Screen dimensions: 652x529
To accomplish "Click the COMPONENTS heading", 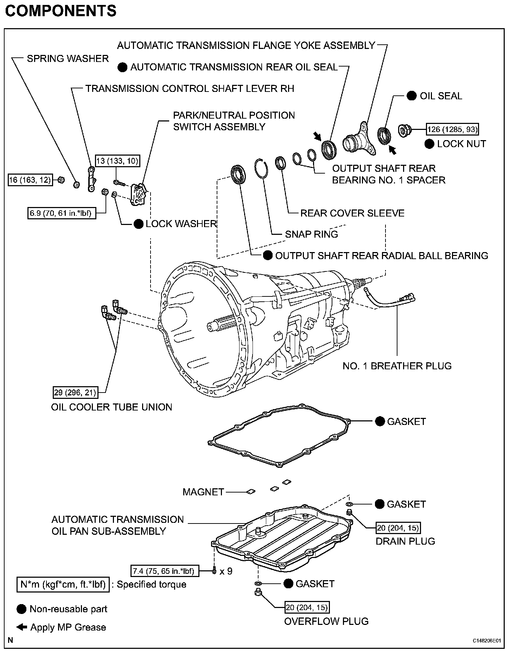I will pos(61,11).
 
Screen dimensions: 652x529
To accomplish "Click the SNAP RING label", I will pos(311,234).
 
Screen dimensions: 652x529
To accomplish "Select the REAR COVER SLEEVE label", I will pos(352,213).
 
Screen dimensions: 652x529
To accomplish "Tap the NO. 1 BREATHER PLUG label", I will pos(397,366).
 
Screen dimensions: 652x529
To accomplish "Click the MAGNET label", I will pos(203,492).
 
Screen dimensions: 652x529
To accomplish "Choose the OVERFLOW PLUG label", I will pos(326,621).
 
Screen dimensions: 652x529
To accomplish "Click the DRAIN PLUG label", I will pos(405,541).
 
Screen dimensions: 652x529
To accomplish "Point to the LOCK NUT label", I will pos(461,144).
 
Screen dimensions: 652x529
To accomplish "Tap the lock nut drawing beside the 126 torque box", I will pos(404,131).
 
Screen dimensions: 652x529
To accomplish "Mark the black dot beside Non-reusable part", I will pos(21,609).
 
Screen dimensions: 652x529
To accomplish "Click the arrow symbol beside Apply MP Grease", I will pos(22,627).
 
